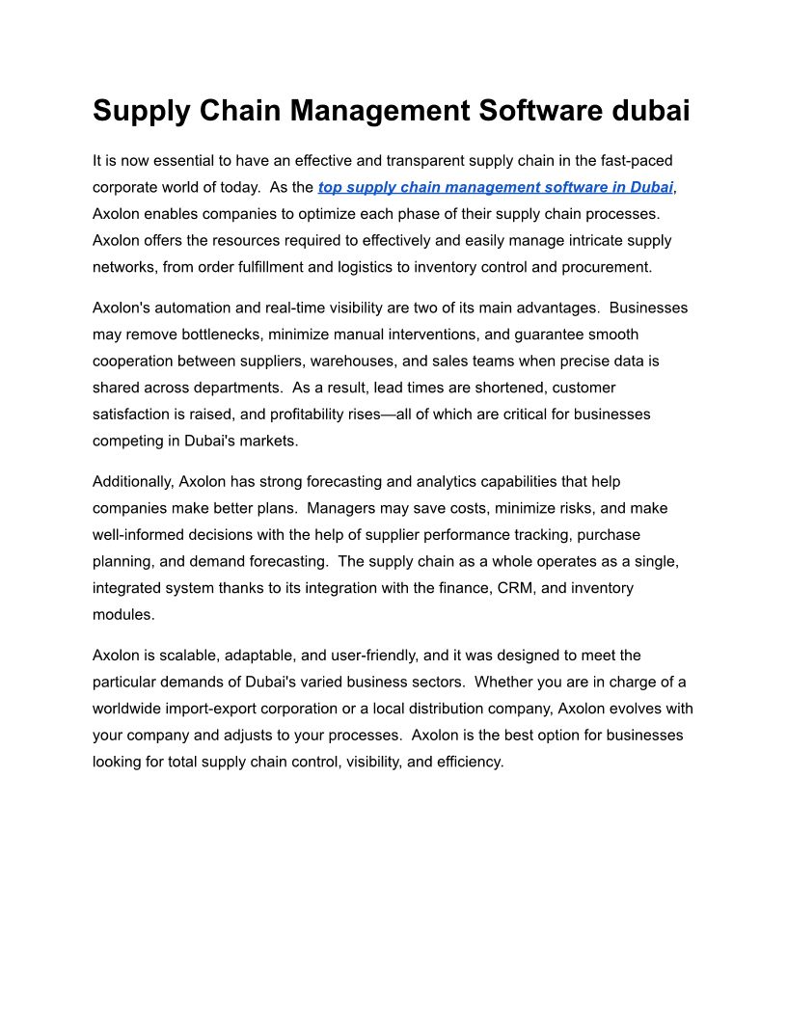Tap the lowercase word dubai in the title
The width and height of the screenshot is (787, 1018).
[x=652, y=111]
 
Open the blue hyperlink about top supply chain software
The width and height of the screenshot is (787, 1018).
[x=495, y=187]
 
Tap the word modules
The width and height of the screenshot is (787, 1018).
[x=122, y=614]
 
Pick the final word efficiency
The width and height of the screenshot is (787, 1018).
[x=468, y=762]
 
